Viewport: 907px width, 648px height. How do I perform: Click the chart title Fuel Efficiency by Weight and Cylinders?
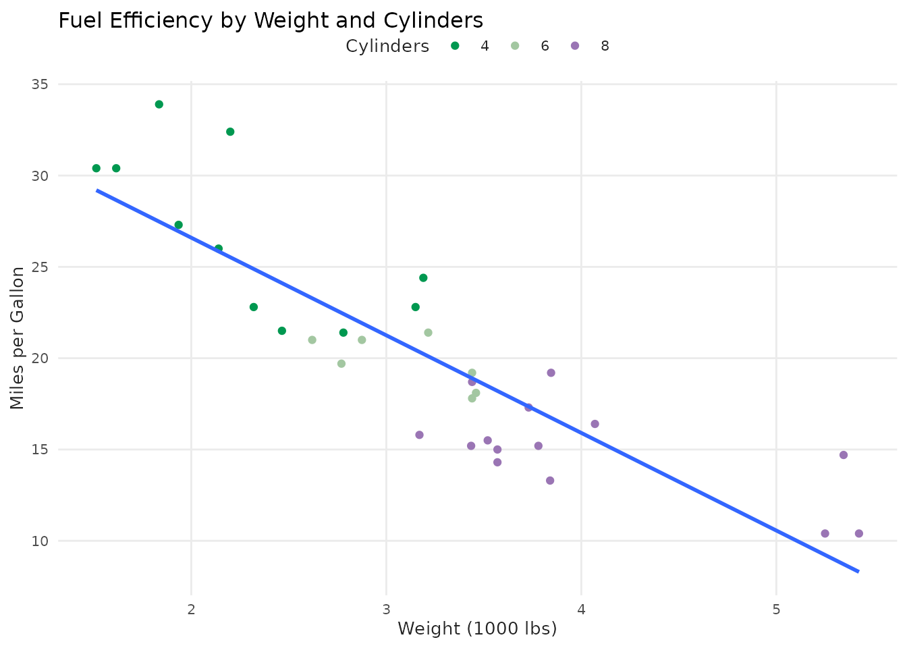pos(271,21)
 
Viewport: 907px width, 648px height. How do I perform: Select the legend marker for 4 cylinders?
pos(456,46)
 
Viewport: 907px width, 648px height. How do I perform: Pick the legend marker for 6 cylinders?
pos(515,46)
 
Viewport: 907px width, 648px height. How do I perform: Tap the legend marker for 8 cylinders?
pos(575,46)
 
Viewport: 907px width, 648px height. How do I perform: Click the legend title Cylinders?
pos(387,46)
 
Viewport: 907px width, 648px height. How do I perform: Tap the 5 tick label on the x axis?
pos(776,610)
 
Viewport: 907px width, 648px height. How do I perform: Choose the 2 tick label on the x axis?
pos(191,610)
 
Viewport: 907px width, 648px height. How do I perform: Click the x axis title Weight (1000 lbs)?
pos(477,629)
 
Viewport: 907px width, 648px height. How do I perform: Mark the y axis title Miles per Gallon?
pos(18,337)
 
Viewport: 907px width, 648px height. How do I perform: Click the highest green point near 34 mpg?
pos(159,105)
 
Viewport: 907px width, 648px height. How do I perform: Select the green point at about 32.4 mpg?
pos(230,132)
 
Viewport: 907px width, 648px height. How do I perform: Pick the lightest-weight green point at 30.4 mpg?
pos(97,168)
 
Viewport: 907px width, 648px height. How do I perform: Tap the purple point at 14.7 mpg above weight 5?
pos(844,455)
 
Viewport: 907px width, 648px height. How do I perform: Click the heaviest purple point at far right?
pos(859,533)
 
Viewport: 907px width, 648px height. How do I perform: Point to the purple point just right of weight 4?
pos(595,424)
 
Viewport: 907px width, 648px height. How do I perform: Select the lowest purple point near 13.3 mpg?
pos(550,481)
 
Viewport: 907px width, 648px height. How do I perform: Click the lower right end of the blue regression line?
pos(858,571)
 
